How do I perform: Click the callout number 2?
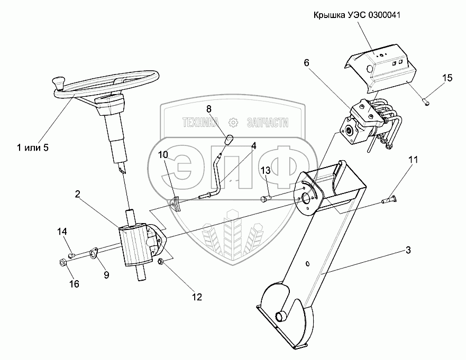pyautogui.click(x=77, y=194)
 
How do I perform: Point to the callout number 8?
pyautogui.click(x=209, y=109)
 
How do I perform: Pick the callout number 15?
pyautogui.click(x=447, y=78)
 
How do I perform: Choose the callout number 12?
pyautogui.click(x=197, y=297)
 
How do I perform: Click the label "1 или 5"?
pyautogui.click(x=32, y=147)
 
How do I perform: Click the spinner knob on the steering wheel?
pyautogui.click(x=57, y=82)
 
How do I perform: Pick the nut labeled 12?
pyautogui.click(x=161, y=261)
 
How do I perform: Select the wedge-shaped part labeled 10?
pyautogui.click(x=176, y=204)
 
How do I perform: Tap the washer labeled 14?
pyautogui.click(x=72, y=256)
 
